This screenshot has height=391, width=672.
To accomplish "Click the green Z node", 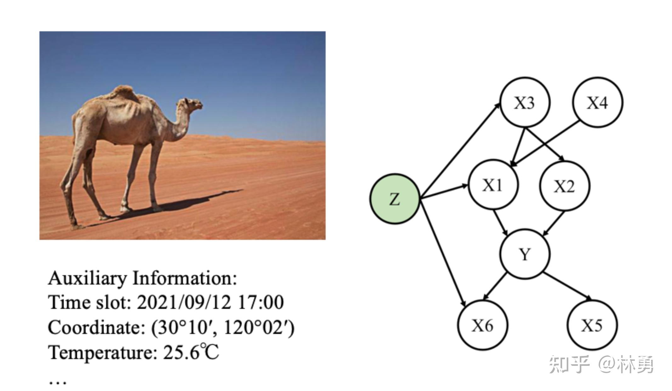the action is pyautogui.click(x=395, y=199).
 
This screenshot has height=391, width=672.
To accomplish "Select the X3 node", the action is pyautogui.click(x=525, y=103).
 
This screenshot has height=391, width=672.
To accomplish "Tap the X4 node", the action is pyautogui.click(x=597, y=103).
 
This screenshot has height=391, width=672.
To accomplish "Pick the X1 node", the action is pyautogui.click(x=493, y=185).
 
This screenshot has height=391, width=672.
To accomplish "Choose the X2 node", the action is pyautogui.click(x=565, y=186).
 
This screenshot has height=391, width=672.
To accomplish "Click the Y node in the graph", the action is pyautogui.click(x=525, y=254).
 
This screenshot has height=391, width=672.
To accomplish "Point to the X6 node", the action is pyautogui.click(x=483, y=325).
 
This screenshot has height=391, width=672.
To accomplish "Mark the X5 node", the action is pyautogui.click(x=592, y=325).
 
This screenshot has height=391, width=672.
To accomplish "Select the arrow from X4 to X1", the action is pyautogui.click(x=545, y=143).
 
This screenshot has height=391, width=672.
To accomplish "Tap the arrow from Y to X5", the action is pyautogui.click(x=569, y=286).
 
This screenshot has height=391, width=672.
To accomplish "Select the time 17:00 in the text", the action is pyautogui.click(x=261, y=303).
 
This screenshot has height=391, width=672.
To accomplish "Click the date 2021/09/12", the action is pyautogui.click(x=184, y=303).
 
